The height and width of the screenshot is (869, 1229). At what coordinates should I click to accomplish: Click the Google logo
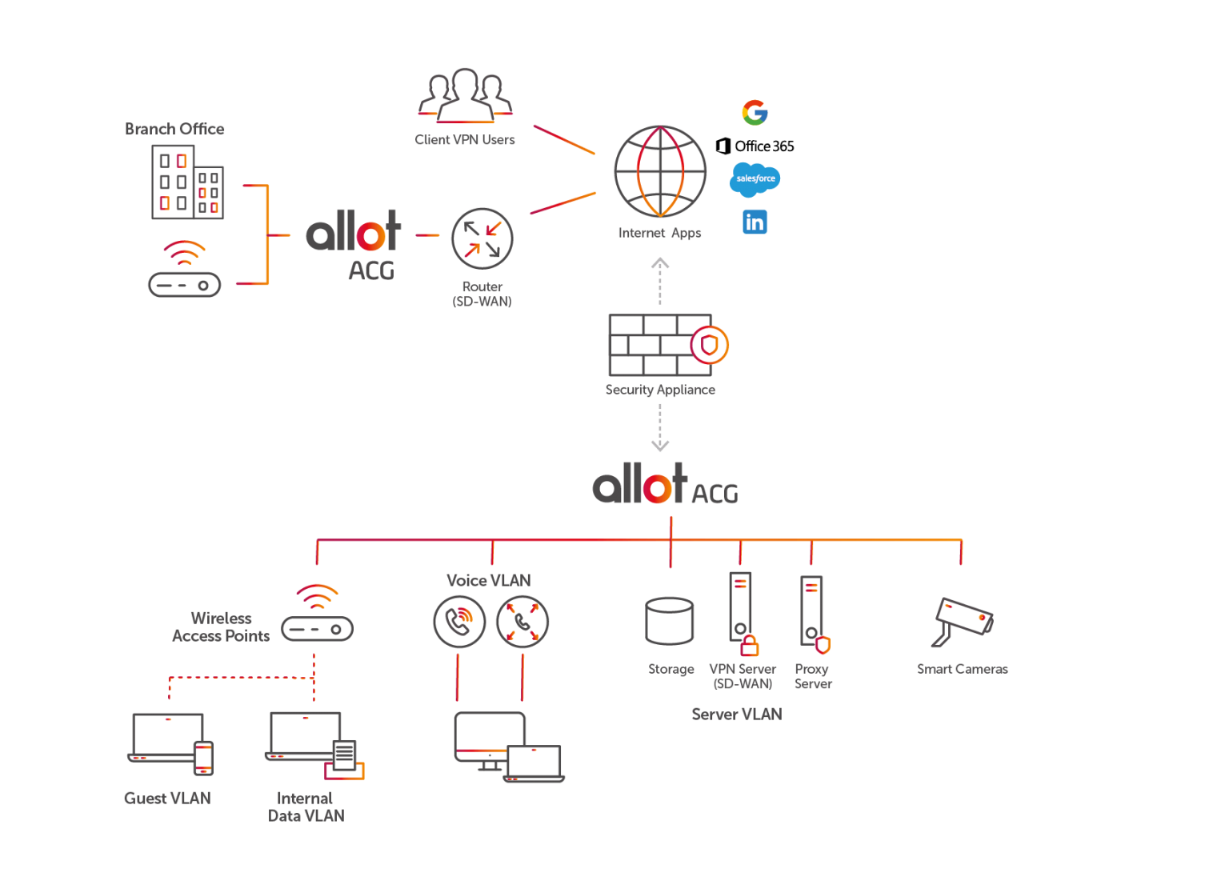(755, 113)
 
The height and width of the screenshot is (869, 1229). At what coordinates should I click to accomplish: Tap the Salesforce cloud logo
(755, 178)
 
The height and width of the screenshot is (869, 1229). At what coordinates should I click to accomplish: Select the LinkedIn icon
(755, 222)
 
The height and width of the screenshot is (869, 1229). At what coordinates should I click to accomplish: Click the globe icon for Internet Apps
(660, 171)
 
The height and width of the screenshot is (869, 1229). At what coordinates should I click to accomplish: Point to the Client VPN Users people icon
(465, 96)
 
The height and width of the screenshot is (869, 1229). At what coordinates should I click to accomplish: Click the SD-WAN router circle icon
(482, 238)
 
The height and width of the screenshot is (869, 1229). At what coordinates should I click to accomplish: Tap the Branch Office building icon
(187, 182)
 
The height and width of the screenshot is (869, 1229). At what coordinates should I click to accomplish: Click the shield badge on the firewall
(710, 345)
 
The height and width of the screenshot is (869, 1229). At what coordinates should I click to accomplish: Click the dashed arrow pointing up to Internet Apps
(659, 280)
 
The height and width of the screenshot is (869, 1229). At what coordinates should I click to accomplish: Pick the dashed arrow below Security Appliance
(659, 428)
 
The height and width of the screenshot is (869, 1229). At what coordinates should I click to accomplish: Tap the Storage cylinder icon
(669, 621)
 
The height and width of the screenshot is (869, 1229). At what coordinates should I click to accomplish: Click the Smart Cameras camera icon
(964, 620)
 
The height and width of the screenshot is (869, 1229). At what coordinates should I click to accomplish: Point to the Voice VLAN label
(488, 580)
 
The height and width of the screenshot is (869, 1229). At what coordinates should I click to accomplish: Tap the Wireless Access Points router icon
(317, 627)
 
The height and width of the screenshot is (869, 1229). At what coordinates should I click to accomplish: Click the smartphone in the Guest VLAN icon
(204, 757)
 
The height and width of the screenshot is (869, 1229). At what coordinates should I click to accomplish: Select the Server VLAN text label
(736, 714)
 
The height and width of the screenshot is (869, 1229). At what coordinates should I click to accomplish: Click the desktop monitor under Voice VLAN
(489, 739)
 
